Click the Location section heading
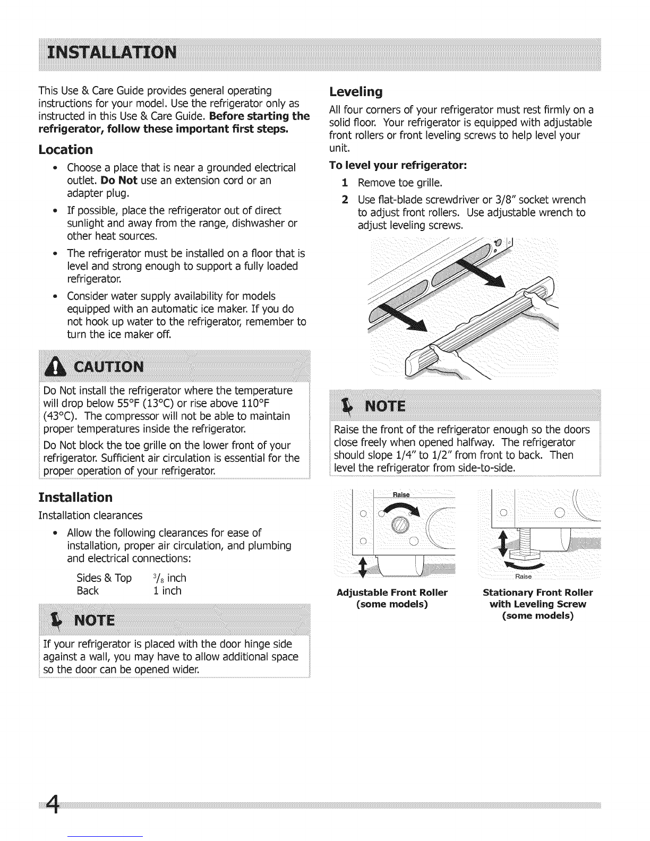pyautogui.click(x=66, y=149)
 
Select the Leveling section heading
pyautogui.click(x=356, y=92)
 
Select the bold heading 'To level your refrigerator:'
pyautogui.click(x=398, y=166)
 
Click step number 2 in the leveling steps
pyautogui.click(x=345, y=200)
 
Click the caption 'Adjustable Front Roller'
pyautogui.click(x=392, y=593)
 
